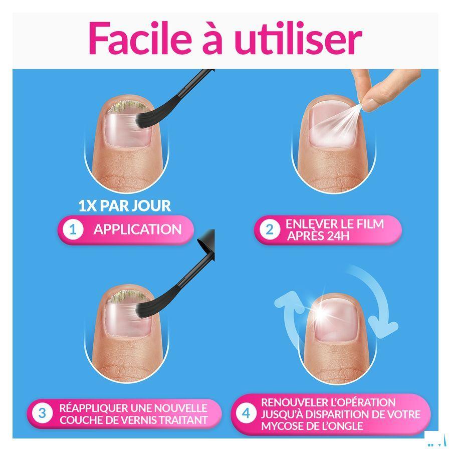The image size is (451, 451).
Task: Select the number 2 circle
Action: pyautogui.click(x=270, y=230)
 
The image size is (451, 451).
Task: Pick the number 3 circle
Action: pyautogui.click(x=42, y=413)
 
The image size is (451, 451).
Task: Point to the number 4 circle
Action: pyautogui.click(x=246, y=414)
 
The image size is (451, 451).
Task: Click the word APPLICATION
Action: pyautogui.click(x=137, y=230)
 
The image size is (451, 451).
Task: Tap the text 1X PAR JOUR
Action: pyautogui.click(x=124, y=205)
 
